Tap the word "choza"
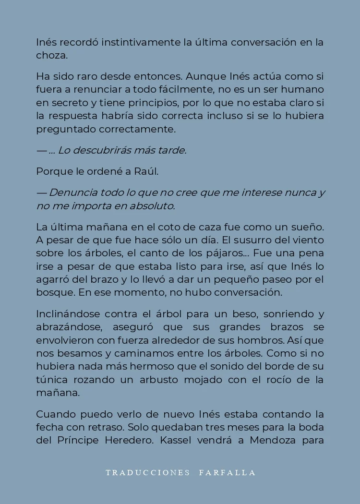coord(51,55)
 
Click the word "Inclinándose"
coord(68,314)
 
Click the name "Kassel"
coord(176,440)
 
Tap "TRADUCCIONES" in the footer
coord(148,473)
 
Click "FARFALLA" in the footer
coord(227,473)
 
